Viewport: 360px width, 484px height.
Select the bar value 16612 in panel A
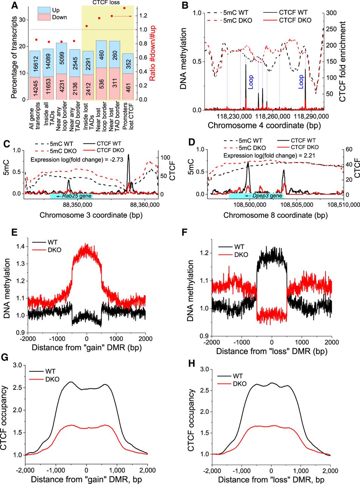[35, 64]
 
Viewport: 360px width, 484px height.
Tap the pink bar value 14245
[35, 88]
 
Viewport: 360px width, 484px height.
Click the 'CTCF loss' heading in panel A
[106, 3]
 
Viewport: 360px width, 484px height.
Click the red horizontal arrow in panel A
[123, 16]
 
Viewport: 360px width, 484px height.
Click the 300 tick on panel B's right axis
[331, 13]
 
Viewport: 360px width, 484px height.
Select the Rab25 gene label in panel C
[73, 196]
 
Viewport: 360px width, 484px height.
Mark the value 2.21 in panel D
[306, 155]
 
